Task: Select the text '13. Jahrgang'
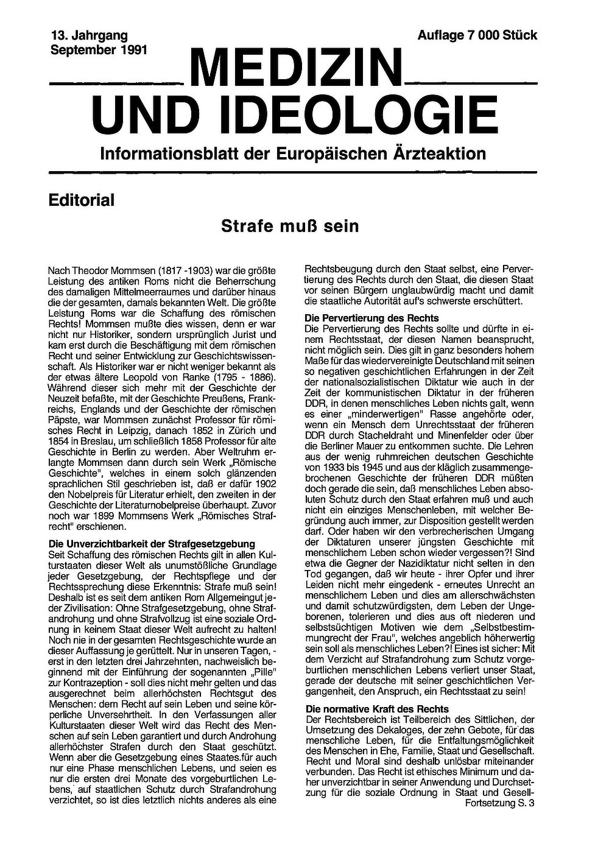89,36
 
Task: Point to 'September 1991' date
99,50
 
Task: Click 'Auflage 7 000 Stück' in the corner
477,36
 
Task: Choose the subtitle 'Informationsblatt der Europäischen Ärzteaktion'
293,153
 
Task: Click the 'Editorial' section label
81,200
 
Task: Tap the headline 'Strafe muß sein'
290,227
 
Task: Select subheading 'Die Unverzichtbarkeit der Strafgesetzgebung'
151,544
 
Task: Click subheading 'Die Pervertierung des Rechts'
371,318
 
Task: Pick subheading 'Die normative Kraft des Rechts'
377,709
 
